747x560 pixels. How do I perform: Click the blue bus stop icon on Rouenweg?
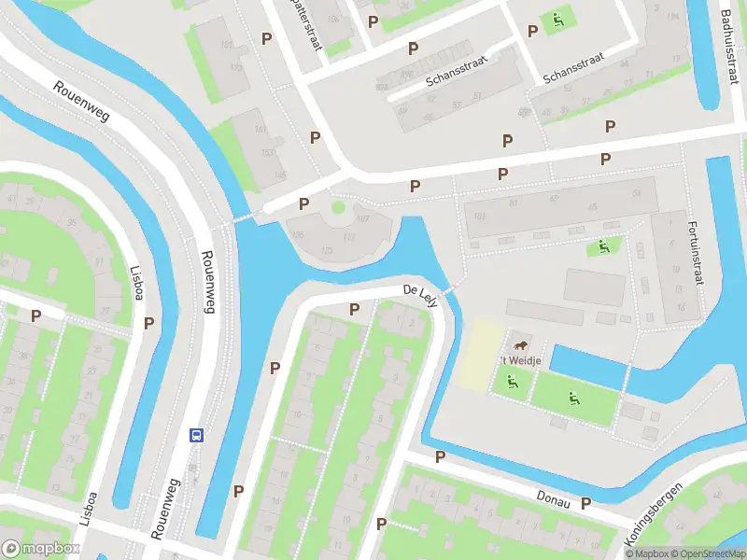pyautogui.click(x=197, y=435)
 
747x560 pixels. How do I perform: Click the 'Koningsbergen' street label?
pyautogui.click(x=653, y=513)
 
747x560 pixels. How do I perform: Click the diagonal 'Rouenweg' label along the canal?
pyautogui.click(x=81, y=103)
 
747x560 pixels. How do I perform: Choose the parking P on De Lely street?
pyautogui.click(x=354, y=309)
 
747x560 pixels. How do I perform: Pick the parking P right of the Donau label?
pyautogui.click(x=585, y=503)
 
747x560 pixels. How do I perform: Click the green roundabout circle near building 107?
pyautogui.click(x=338, y=206)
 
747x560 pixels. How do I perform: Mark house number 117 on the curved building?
pyautogui.click(x=348, y=237)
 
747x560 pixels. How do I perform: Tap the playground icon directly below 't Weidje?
pyautogui.click(x=511, y=381)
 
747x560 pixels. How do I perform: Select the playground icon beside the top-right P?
pyautogui.click(x=557, y=19)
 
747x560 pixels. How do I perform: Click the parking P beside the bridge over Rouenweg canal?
pyautogui.click(x=303, y=203)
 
